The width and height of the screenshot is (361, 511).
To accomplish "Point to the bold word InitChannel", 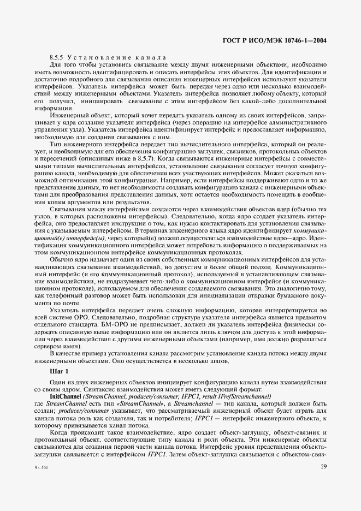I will point(65,395).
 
